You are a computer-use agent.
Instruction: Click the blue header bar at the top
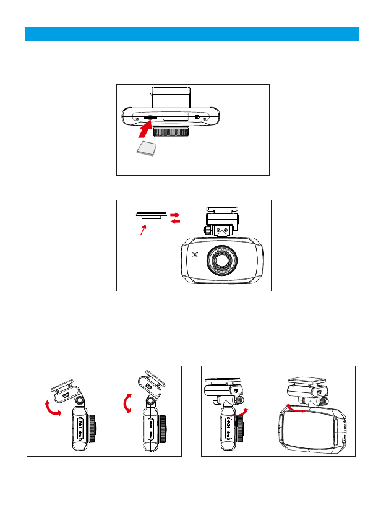pos(192,33)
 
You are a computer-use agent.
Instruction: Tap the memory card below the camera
pos(146,149)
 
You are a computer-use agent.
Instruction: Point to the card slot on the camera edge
pos(150,117)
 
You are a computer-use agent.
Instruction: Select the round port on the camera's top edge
pos(197,118)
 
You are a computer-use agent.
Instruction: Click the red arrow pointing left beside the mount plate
pos(175,221)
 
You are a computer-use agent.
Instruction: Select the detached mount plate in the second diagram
pos(151,215)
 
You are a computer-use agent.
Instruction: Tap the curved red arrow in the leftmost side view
pos(51,408)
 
